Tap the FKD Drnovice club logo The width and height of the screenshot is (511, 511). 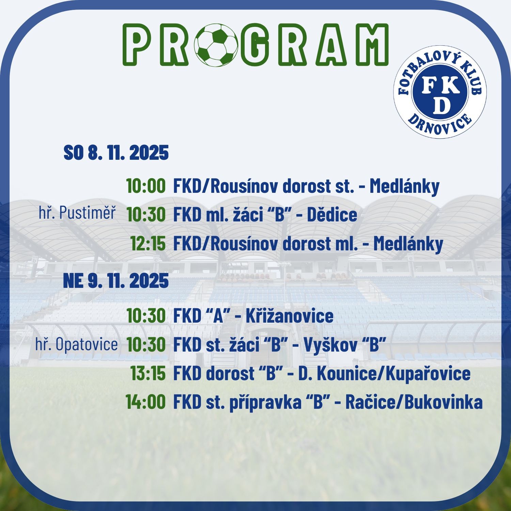coord(440,92)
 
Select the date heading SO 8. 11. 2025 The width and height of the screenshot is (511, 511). coord(116,152)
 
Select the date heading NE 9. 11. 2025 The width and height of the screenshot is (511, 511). coord(116,281)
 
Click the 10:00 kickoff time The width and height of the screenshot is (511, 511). coord(146,186)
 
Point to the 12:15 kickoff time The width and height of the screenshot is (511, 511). coord(148,244)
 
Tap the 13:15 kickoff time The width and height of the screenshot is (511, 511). coord(148,373)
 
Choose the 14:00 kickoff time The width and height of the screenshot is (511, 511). coord(145,402)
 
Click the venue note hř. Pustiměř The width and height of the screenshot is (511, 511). coord(77,213)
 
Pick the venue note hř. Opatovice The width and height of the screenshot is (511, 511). coord(76,344)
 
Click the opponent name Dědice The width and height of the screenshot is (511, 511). coord(332,215)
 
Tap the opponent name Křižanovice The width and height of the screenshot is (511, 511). coord(290,316)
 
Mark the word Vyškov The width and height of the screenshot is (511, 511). coord(328,345)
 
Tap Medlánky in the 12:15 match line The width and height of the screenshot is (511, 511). coord(408,244)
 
